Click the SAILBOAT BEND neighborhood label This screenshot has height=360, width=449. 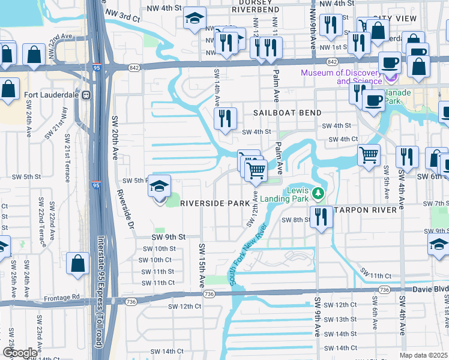287,113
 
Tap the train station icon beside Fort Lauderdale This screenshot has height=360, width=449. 86,95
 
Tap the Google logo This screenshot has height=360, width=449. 20,352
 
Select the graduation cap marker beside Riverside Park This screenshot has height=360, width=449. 159,187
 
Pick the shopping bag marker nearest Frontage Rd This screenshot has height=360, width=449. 78,264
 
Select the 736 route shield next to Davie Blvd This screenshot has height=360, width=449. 385,290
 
